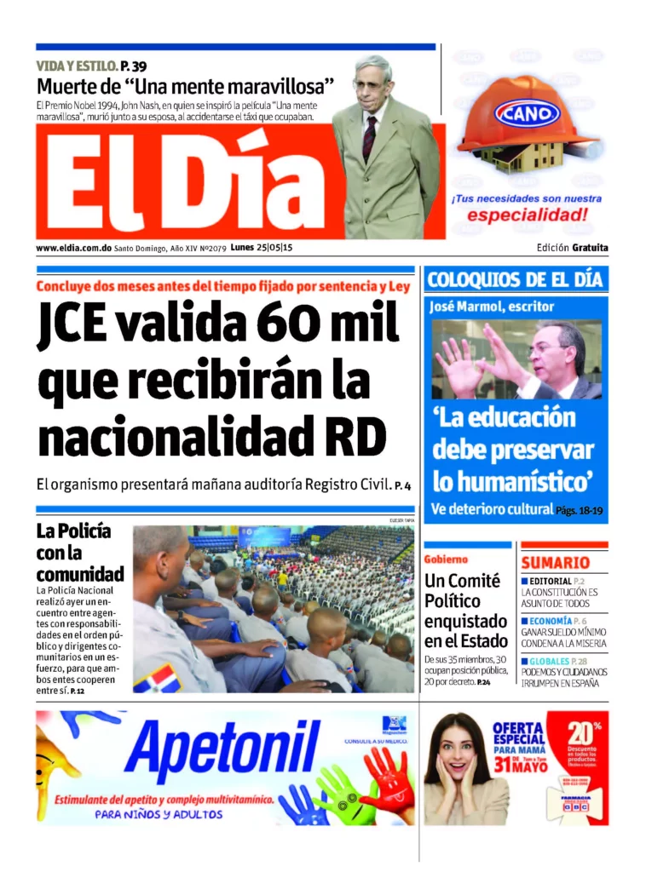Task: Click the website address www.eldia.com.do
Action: tap(74, 248)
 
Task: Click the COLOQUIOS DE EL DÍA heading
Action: tap(515, 279)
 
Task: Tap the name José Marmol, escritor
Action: tap(492, 307)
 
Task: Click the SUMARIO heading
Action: tap(556, 563)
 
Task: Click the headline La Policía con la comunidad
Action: tap(79, 553)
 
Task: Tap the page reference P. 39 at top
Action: tap(134, 66)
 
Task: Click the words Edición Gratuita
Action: tap(572, 248)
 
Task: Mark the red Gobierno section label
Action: tap(446, 559)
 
